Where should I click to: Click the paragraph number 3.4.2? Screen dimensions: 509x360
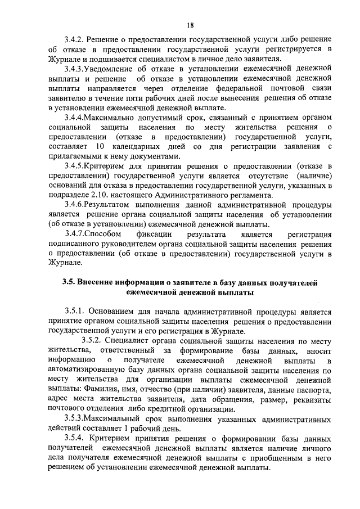pyautogui.click(x=75, y=41)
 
